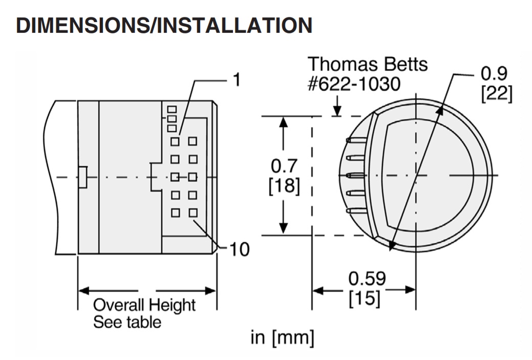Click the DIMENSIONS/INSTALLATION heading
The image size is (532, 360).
164,26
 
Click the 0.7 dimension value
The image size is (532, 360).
284,167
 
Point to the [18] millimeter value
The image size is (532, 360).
284,185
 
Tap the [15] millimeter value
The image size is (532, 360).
365,299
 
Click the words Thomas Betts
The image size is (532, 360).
368,65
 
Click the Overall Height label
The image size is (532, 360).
144,305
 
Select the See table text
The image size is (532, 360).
126,322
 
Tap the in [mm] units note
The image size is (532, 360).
282,337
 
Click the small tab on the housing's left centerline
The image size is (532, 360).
82,177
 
